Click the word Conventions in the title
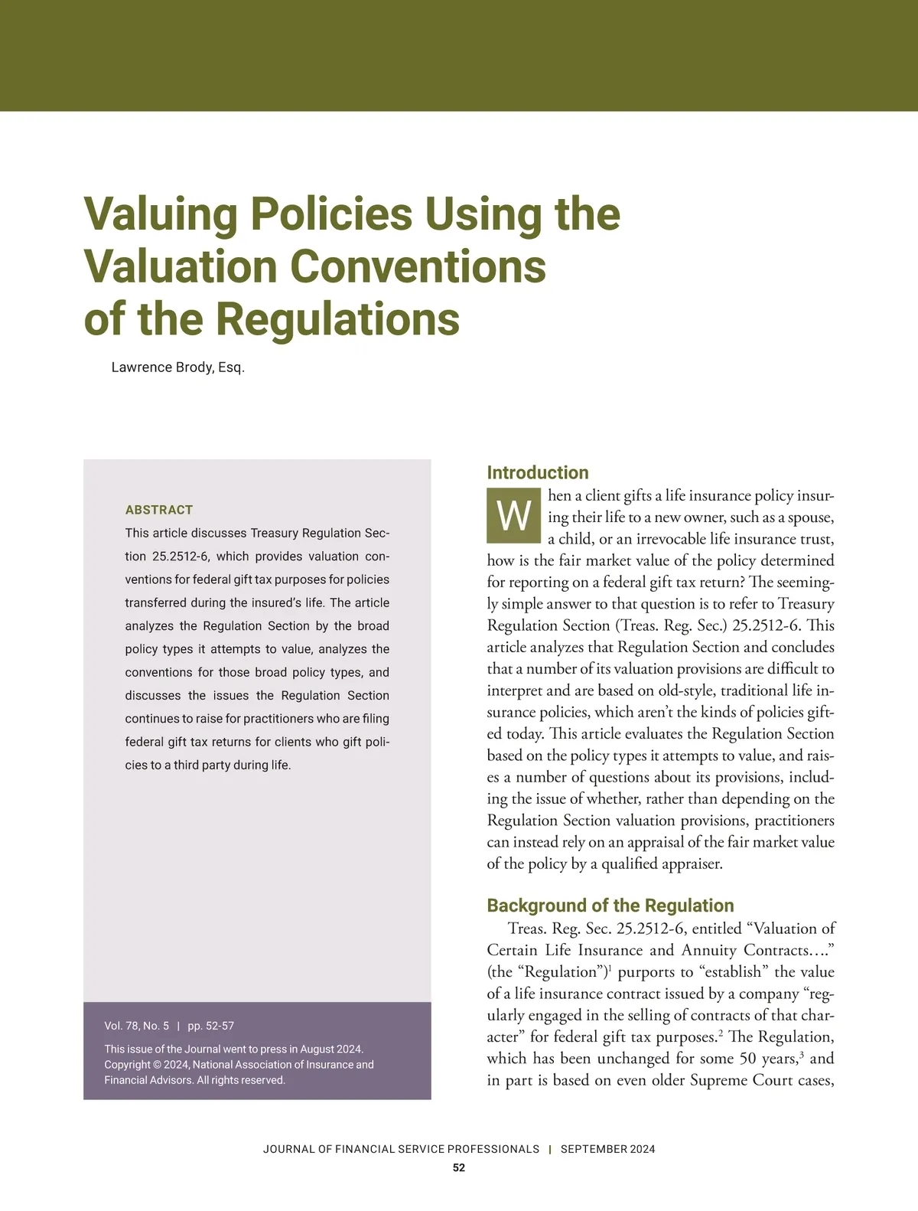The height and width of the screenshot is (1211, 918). [417, 266]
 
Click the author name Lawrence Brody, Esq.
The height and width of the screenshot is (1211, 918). [177, 367]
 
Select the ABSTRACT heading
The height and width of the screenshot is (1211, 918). [159, 510]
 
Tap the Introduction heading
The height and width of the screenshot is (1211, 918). [538, 472]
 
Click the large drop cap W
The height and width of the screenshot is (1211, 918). [513, 516]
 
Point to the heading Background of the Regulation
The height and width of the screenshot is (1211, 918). [610, 906]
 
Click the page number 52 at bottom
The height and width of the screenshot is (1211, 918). [459, 1168]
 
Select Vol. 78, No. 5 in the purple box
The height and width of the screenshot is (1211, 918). [136, 1026]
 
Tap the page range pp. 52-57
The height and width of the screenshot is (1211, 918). [211, 1026]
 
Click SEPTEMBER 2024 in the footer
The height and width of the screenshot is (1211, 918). [607, 1149]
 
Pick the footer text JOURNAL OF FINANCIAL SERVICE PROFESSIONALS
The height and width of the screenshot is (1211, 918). [401, 1149]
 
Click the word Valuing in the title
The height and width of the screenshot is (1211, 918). [160, 214]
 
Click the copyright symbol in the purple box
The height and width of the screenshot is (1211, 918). [158, 1065]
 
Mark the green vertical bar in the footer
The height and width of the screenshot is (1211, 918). [550, 1149]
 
